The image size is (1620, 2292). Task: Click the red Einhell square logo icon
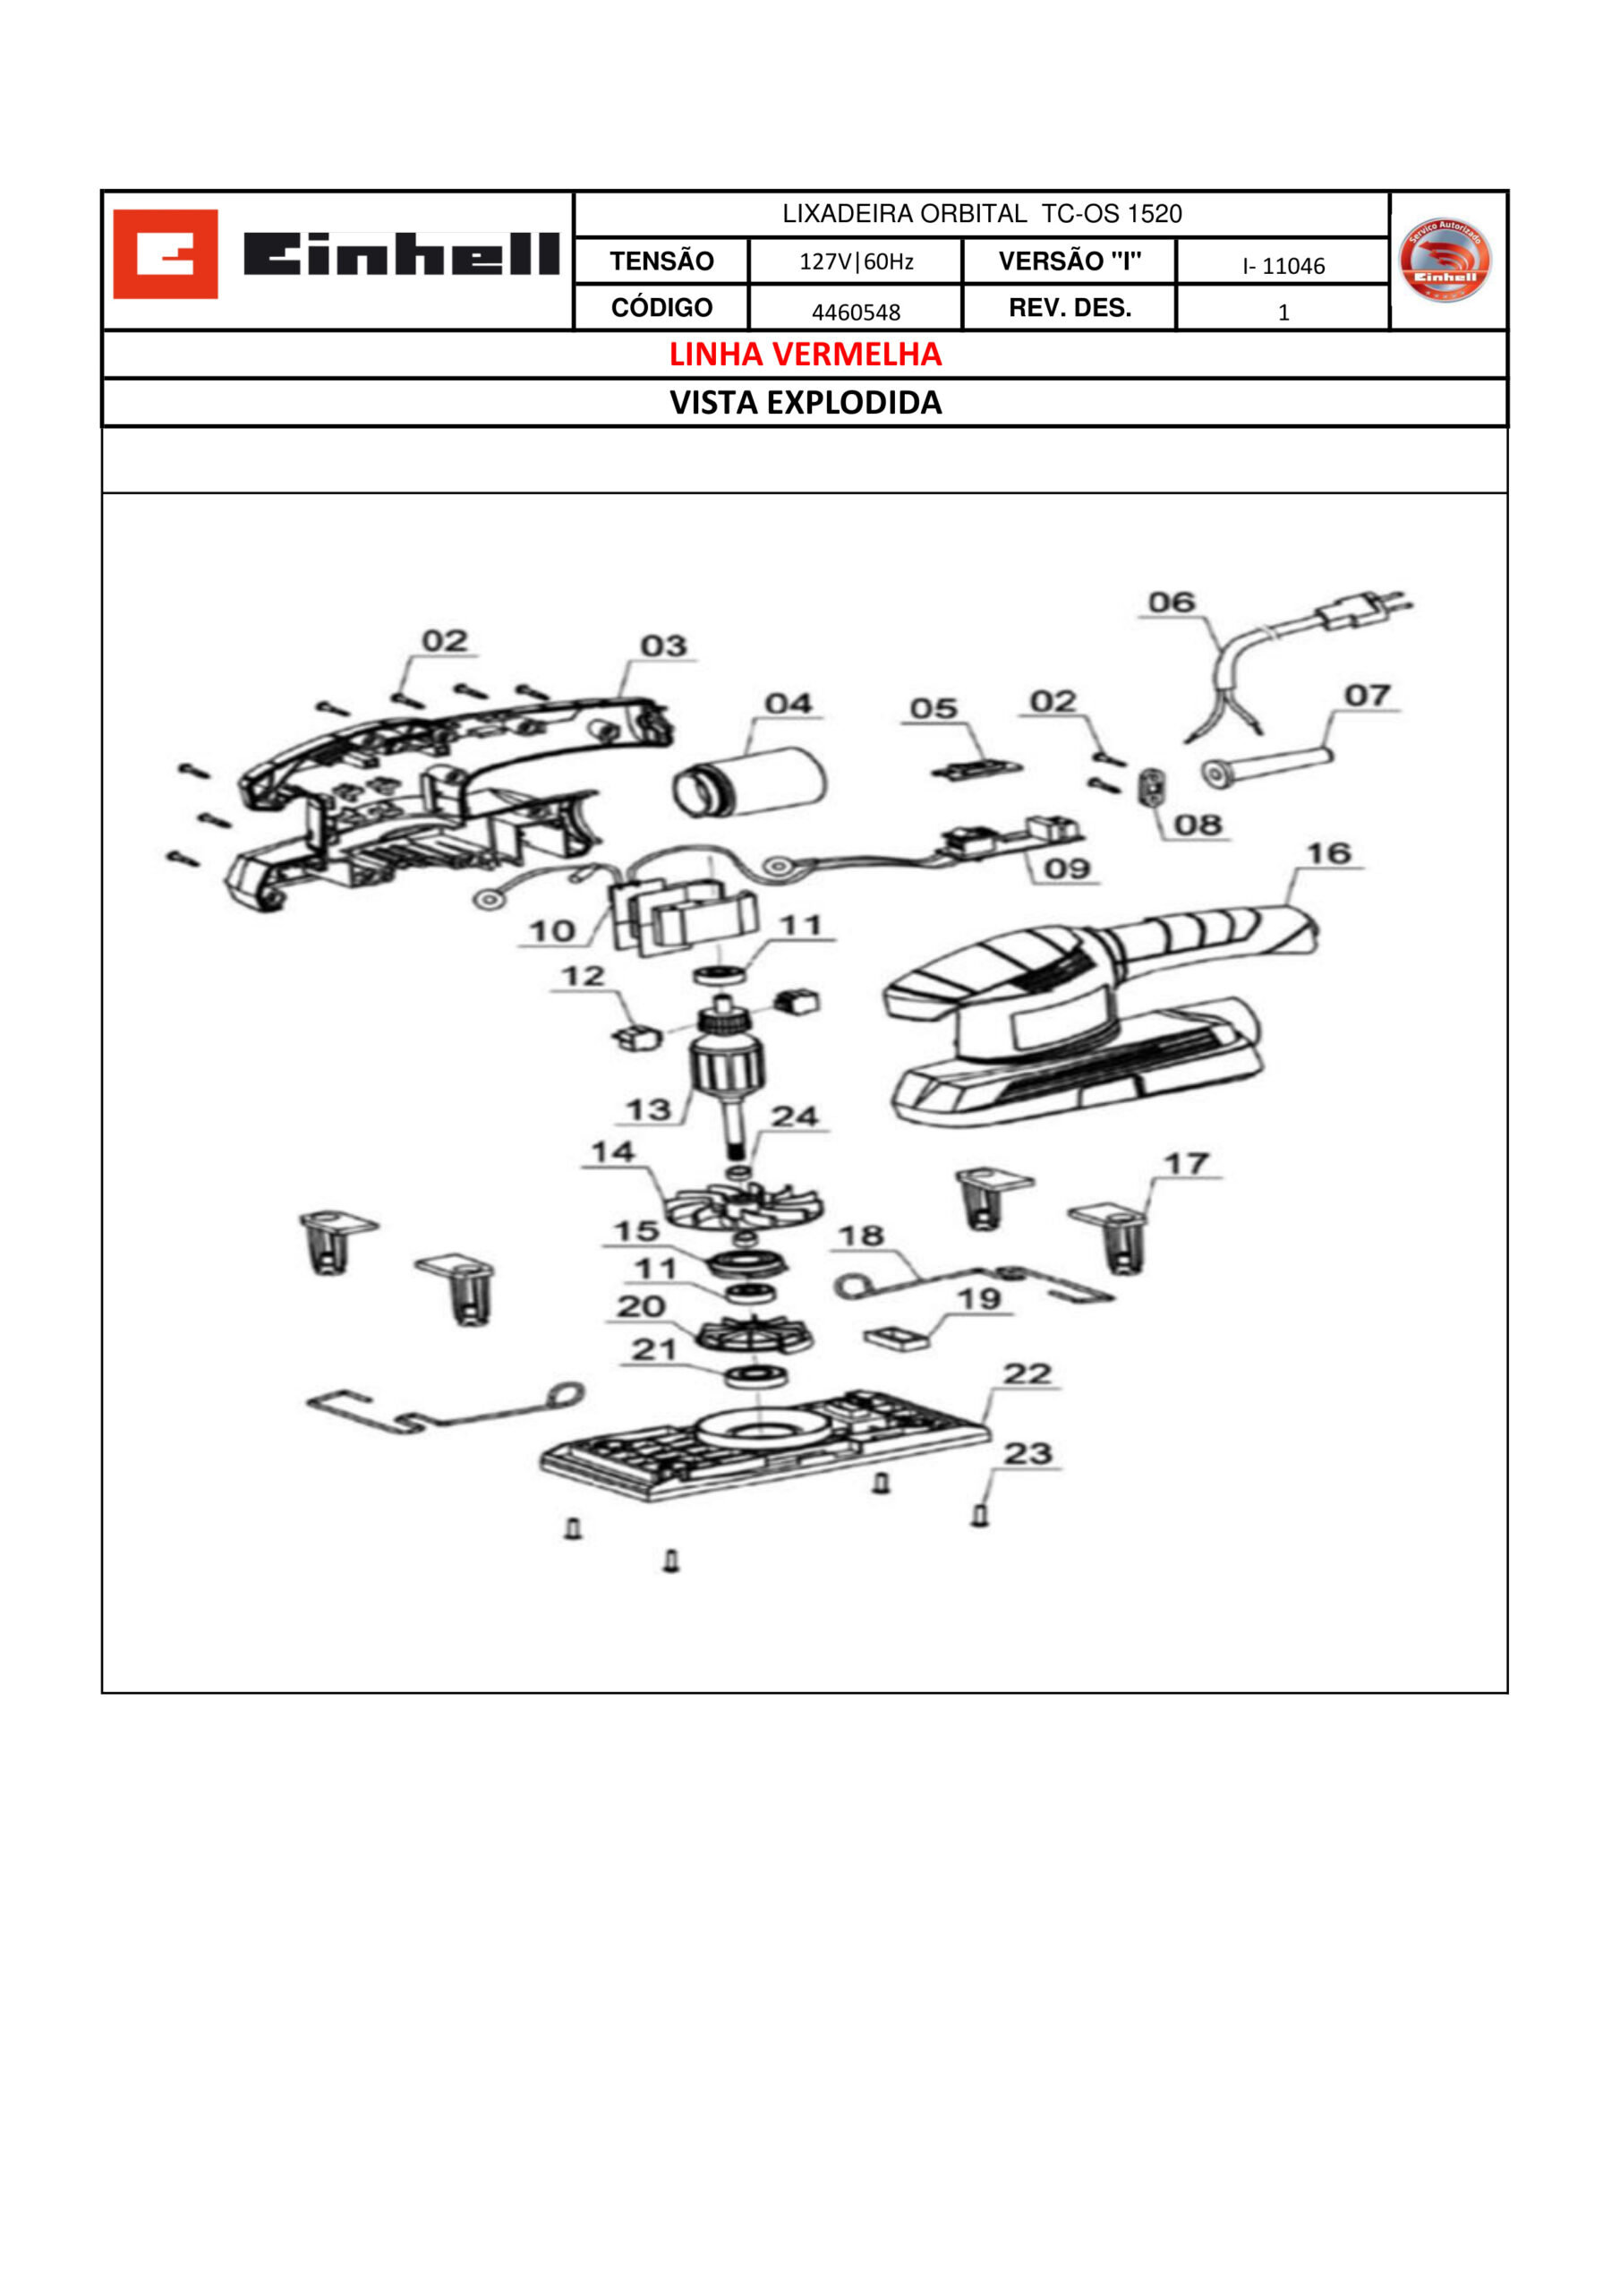tap(165, 253)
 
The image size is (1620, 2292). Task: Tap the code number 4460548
tap(856, 312)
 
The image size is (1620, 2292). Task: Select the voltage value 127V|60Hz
tap(856, 261)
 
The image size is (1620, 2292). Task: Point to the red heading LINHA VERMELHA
tap(805, 355)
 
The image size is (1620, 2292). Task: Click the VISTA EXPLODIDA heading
tap(805, 402)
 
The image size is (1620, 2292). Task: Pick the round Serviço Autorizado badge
tap(1445, 260)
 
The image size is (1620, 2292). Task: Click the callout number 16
tap(1328, 853)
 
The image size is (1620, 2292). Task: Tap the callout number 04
tap(789, 704)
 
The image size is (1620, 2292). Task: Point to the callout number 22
tap(1028, 1373)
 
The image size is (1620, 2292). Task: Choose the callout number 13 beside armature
tap(648, 1110)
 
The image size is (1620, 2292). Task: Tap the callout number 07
tap(1368, 695)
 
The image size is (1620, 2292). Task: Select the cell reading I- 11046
tap(1283, 267)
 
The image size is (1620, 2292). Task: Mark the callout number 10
tap(552, 931)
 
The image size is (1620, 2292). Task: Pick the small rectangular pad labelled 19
tap(896, 1338)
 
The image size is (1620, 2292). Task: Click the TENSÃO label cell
tap(661, 261)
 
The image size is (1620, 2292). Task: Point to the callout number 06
tap(1172, 603)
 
